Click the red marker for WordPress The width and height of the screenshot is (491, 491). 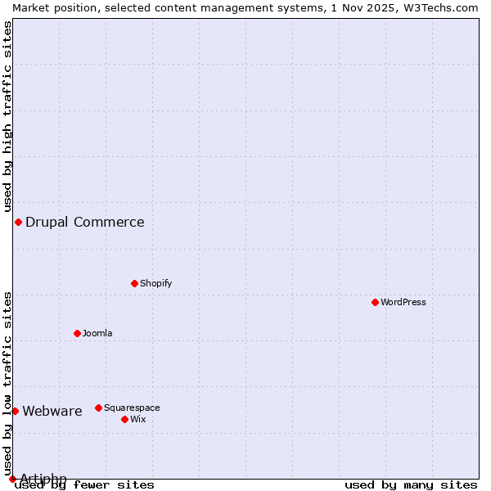(375, 302)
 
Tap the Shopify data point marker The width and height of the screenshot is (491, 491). (134, 283)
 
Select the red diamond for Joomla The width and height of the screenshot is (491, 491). (77, 333)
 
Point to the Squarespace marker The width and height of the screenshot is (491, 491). (98, 408)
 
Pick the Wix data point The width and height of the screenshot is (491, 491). (124, 419)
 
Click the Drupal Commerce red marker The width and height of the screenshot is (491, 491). (18, 222)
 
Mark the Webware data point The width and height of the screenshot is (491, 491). (15, 411)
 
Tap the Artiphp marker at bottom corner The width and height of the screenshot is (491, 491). (12, 479)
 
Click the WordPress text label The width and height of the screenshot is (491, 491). (403, 302)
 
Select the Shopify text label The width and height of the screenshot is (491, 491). (155, 283)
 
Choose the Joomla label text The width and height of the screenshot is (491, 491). (97, 333)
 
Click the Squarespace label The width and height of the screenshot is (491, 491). (132, 408)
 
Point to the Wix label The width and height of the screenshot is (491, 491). (137, 419)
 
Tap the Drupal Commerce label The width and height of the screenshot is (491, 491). (84, 222)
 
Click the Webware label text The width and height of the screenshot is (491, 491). (52, 411)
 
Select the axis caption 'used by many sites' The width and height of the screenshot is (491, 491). (411, 484)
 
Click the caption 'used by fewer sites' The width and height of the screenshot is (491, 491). (85, 484)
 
